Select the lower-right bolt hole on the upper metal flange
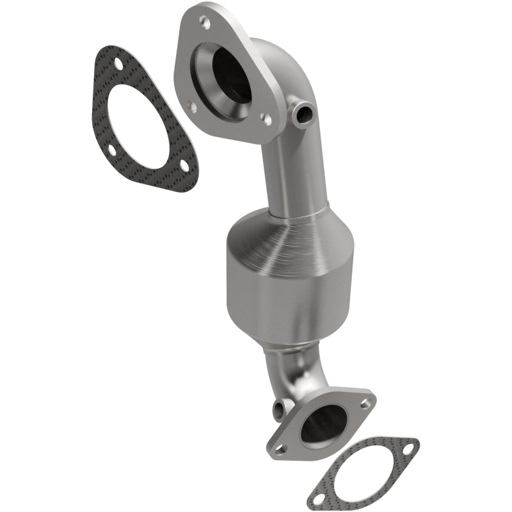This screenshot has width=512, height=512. pos(267,119)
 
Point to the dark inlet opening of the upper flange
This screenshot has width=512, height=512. pos(230,74)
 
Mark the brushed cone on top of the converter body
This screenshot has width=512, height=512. pos(282,237)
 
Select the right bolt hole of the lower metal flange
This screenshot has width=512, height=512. pos(364,404)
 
